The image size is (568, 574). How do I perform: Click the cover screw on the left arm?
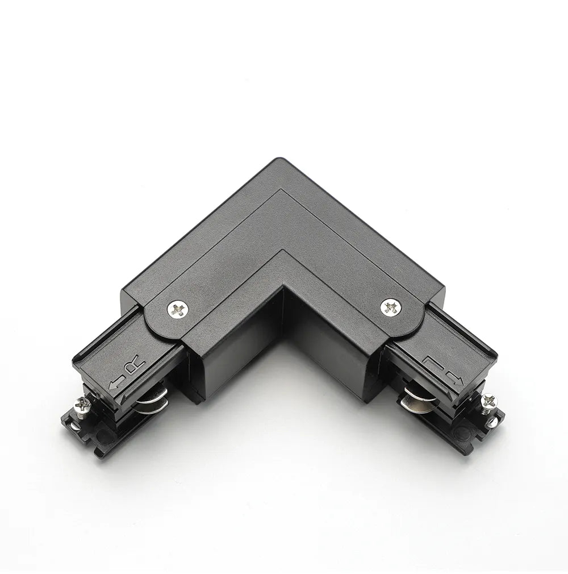coord(177,309)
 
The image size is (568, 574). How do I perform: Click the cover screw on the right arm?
coord(390,307)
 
